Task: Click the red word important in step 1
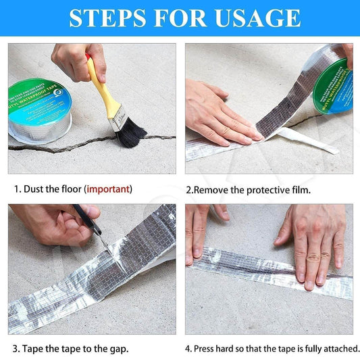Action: [108, 189]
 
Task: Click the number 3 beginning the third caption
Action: [14, 350]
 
